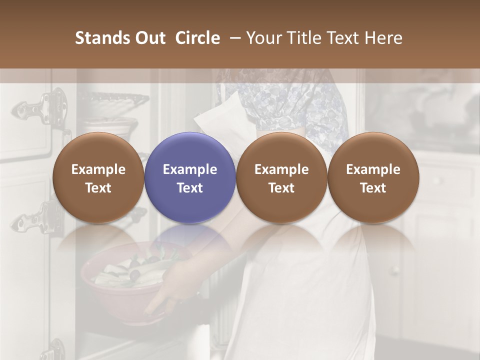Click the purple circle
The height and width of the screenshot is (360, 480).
tap(190, 178)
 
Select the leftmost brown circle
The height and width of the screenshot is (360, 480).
tap(98, 178)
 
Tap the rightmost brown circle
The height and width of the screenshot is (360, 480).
tap(373, 178)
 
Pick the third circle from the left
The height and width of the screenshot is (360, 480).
tap(281, 178)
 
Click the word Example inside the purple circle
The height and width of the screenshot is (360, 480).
tap(190, 169)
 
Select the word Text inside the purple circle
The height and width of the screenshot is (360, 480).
tap(190, 187)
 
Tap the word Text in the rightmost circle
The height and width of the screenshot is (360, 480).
tap(373, 187)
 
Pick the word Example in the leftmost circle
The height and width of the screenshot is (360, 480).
tap(98, 169)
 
